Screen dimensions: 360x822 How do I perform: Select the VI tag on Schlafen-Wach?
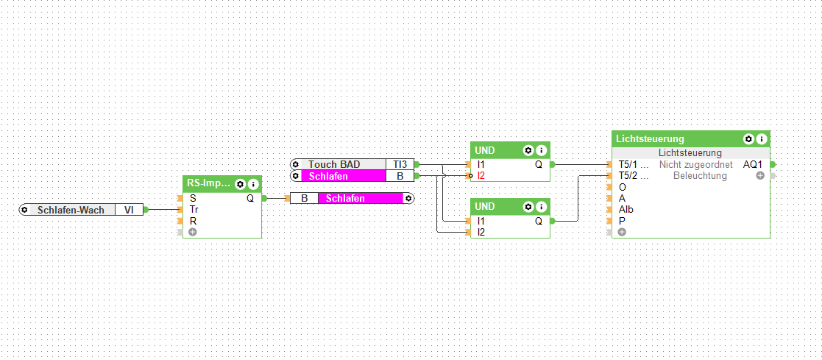tap(129, 210)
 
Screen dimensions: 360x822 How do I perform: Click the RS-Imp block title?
tap(208, 183)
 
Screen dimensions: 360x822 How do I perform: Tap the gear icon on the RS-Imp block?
tap(240, 184)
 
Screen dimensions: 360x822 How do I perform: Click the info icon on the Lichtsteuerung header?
tap(762, 138)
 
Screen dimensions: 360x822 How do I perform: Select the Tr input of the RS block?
tap(194, 209)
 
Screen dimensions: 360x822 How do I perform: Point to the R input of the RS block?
tap(193, 220)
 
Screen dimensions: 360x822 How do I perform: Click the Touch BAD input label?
tap(334, 164)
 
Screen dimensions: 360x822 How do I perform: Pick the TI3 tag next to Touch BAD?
tap(400, 164)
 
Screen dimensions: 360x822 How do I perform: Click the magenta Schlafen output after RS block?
tap(361, 198)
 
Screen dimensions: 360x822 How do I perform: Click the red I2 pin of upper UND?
tap(481, 176)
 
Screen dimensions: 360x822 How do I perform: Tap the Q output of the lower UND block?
tap(539, 220)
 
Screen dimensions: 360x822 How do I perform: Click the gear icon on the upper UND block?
tap(528, 150)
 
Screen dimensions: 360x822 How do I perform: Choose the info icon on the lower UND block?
tap(541, 205)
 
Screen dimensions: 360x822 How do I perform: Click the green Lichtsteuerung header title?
tap(651, 138)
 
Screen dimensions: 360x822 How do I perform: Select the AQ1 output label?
tap(753, 164)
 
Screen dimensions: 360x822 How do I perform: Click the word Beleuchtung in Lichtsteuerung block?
tap(699, 176)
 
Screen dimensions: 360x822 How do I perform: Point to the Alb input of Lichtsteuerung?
tap(626, 209)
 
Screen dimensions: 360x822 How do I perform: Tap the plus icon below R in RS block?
tap(193, 232)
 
